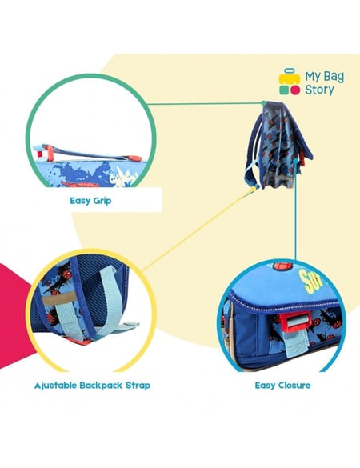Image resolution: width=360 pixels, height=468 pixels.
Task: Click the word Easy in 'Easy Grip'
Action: (79, 201)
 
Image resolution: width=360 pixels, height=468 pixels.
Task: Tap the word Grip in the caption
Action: (102, 201)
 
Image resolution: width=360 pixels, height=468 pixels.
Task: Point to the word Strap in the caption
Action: (138, 386)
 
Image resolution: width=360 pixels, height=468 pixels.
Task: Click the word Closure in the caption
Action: (294, 386)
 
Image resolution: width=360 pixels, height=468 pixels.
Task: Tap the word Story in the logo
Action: (319, 90)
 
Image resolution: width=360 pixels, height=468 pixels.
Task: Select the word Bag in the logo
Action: (334, 77)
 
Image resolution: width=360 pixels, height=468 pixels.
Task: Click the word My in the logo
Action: (313, 77)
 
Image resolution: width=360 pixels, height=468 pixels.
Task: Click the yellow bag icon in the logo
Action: (290, 77)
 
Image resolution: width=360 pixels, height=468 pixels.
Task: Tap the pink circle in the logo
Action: (295, 90)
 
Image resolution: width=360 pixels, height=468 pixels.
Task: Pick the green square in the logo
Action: (284, 90)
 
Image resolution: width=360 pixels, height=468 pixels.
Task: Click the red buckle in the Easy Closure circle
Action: (294, 322)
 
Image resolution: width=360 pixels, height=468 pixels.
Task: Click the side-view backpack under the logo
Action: (278, 146)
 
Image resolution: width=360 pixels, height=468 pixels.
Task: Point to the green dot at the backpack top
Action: (263, 103)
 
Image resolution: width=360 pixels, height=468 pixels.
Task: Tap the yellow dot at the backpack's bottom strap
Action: (254, 189)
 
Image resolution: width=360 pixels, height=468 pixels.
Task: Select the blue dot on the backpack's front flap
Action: (295, 161)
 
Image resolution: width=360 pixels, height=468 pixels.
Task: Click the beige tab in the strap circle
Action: (59, 298)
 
